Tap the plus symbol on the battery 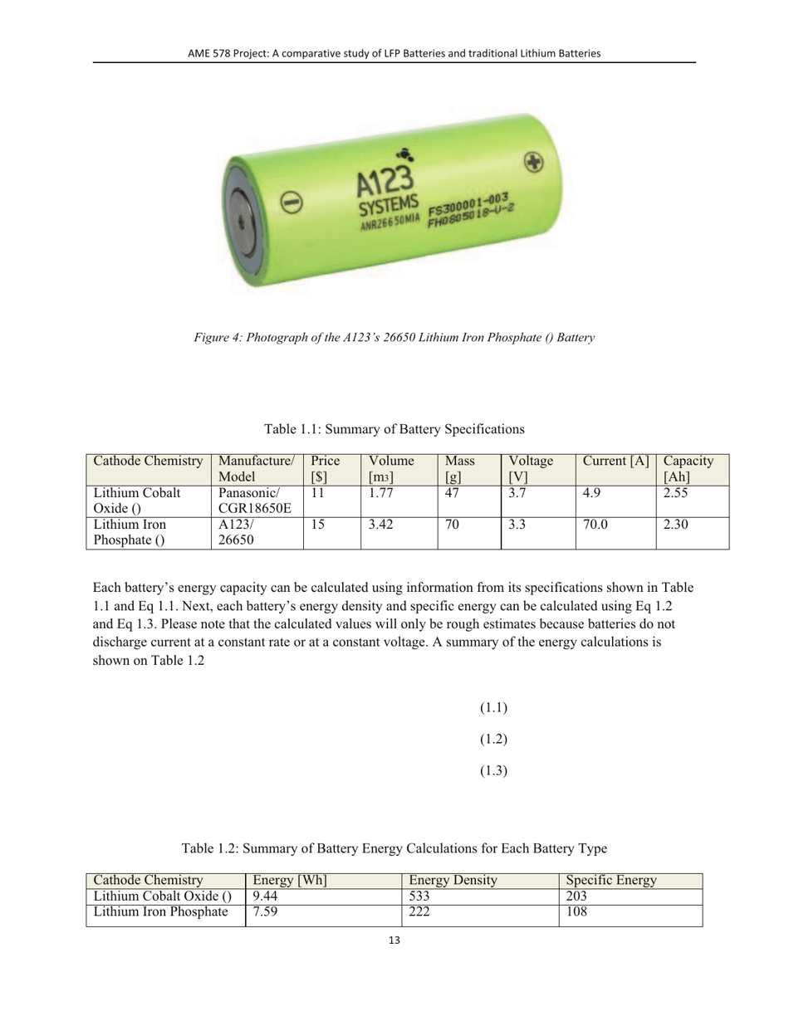point(535,161)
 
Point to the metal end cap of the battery point(240,222)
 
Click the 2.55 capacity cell point(677,493)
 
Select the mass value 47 point(453,493)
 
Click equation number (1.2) point(493,739)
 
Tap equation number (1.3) point(493,770)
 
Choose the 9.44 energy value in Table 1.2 point(265,896)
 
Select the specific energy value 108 point(576,913)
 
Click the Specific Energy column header point(610,879)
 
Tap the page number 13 point(394,940)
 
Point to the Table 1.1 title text point(394,429)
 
